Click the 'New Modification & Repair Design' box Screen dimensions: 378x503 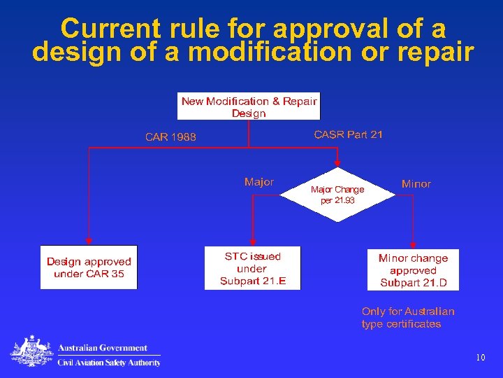click(249, 106)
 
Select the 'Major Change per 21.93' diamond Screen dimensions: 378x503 click(337, 195)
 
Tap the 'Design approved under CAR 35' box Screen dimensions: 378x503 click(89, 267)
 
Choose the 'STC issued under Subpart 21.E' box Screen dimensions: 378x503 click(252, 268)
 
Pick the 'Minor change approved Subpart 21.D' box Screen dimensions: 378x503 click(413, 269)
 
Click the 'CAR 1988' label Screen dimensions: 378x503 click(170, 137)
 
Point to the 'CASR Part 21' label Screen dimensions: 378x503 click(349, 134)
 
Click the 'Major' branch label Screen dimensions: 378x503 click(259, 182)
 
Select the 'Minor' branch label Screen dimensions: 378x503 click(416, 184)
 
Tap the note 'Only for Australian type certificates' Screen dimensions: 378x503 click(408, 318)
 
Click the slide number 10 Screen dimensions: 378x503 click(480, 358)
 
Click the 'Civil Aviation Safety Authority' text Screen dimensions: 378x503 click(109, 363)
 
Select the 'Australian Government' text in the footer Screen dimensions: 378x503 click(103, 348)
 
